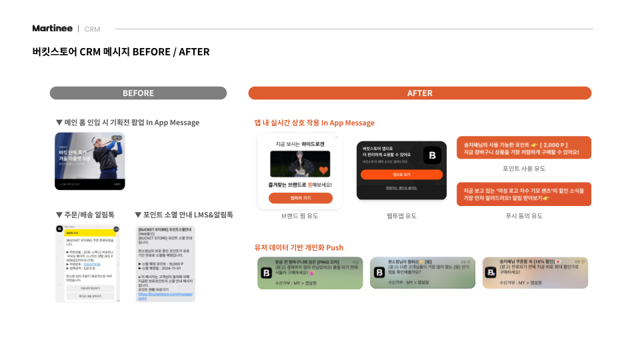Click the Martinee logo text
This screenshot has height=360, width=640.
pyautogui.click(x=53, y=28)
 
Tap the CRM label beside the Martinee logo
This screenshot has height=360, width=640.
pyautogui.click(x=92, y=29)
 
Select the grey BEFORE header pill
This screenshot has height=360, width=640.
pyautogui.click(x=138, y=93)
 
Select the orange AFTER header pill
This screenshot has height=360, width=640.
pyautogui.click(x=419, y=93)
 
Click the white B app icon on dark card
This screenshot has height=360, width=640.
pyautogui.click(x=432, y=155)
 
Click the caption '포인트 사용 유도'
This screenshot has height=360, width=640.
pyautogui.click(x=523, y=169)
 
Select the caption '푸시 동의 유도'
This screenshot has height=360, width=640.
pyautogui.click(x=523, y=216)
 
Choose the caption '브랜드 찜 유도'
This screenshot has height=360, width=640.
pyautogui.click(x=299, y=216)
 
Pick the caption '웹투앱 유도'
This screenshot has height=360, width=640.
pyautogui.click(x=401, y=216)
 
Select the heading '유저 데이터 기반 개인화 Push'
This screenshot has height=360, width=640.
pyautogui.click(x=299, y=247)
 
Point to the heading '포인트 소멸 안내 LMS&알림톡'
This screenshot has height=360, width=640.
pyautogui.click(x=184, y=215)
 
